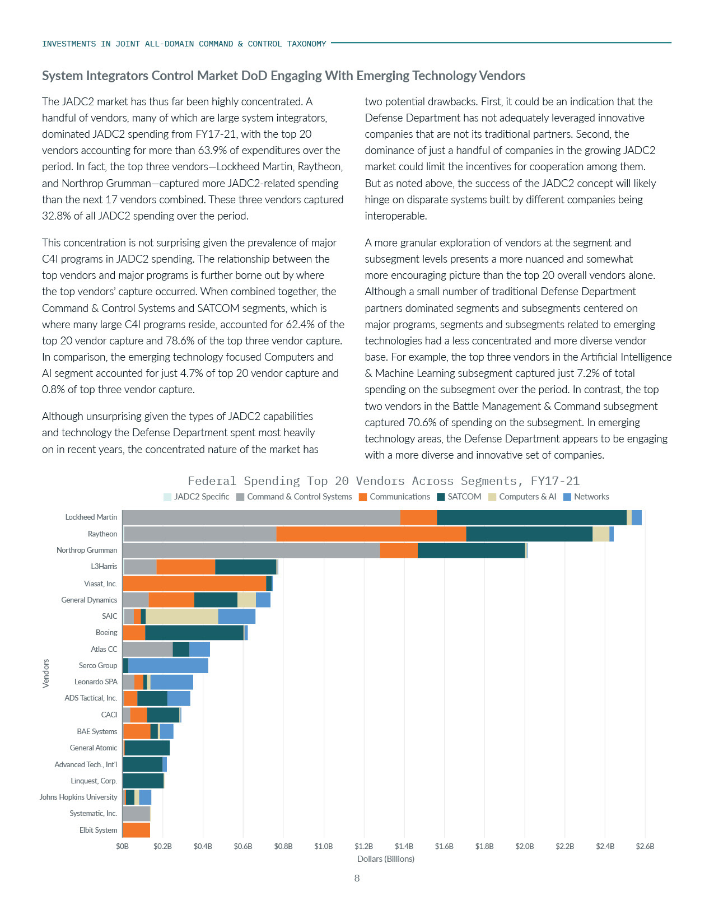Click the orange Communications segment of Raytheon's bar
coord(371,534)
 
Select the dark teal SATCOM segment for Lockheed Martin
coord(531,517)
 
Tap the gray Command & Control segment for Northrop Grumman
coord(251,550)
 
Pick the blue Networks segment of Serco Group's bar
coord(168,665)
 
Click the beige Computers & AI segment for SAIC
coord(182,616)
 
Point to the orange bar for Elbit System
coord(136,830)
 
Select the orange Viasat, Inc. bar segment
coord(194,584)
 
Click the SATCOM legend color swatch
coord(441,497)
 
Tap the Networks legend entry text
coord(591,497)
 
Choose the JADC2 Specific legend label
coord(201,497)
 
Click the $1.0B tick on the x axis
coord(323,846)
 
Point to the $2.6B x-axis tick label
coord(645,846)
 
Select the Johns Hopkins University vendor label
coord(78,797)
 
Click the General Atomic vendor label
coord(93,748)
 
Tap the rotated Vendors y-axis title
coord(46,673)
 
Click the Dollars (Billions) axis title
coord(386,859)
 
